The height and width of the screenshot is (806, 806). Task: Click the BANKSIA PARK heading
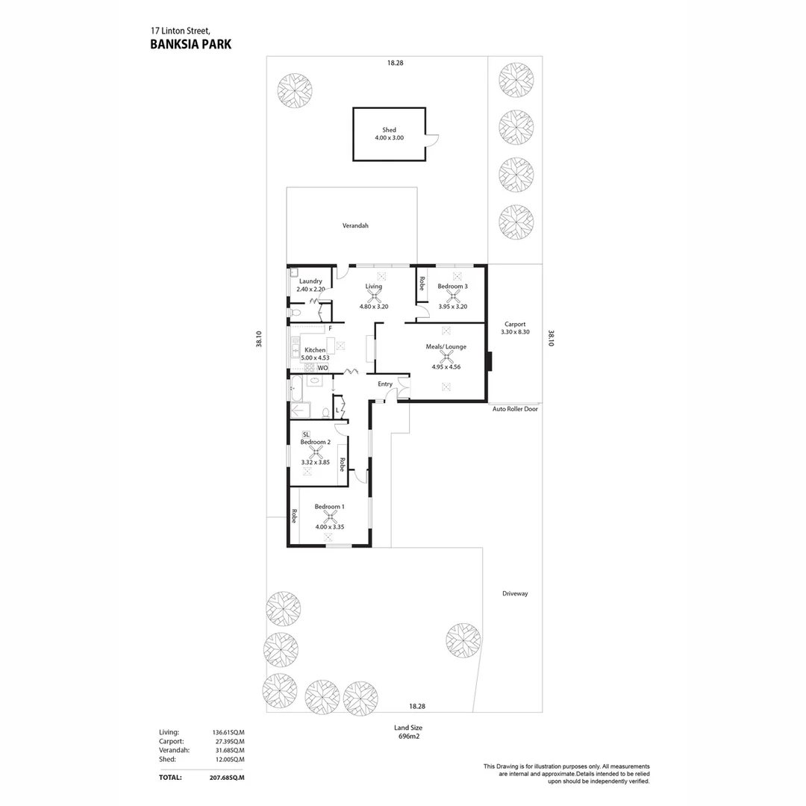tap(191, 44)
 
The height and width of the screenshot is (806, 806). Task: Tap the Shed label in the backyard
tap(389, 130)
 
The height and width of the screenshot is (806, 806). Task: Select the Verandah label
tap(355, 225)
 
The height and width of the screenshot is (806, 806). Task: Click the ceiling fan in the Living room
tap(374, 296)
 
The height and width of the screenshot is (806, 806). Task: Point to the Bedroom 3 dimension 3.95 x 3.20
tap(453, 307)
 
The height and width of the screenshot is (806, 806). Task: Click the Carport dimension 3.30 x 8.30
tap(515, 332)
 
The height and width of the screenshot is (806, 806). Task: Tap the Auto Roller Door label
tap(515, 409)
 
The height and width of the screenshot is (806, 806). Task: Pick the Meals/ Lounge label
tap(446, 347)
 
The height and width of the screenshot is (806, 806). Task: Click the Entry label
tap(385, 384)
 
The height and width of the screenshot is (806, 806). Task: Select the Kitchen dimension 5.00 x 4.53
tap(315, 357)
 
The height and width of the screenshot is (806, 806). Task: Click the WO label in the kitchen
tap(322, 368)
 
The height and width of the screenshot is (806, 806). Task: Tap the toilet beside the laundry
tap(295, 313)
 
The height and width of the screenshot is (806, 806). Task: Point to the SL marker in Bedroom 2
tap(306, 435)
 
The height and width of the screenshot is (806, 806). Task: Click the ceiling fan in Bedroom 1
tap(330, 516)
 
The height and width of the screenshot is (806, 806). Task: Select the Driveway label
tap(515, 594)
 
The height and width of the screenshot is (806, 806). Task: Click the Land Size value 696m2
tap(409, 736)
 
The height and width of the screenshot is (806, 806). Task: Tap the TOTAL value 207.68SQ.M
tap(227, 778)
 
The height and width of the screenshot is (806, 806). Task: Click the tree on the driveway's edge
tap(463, 640)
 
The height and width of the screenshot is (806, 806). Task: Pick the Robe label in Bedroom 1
tap(295, 516)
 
